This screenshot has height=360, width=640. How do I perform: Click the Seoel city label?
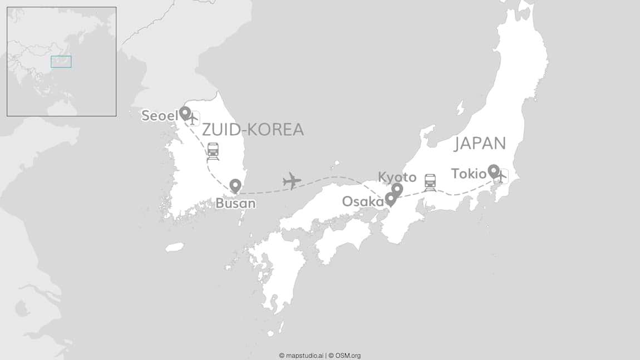pyautogui.click(x=159, y=116)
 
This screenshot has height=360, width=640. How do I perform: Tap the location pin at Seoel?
pyautogui.click(x=185, y=114)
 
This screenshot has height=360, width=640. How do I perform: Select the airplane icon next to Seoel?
pyautogui.click(x=193, y=119)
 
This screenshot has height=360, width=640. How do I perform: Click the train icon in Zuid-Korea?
pyautogui.click(x=213, y=150)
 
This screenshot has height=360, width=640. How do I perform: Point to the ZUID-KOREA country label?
pyautogui.click(x=253, y=130)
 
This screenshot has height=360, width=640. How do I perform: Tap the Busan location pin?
pyautogui.click(x=235, y=186)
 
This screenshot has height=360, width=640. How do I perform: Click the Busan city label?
pyautogui.click(x=235, y=204)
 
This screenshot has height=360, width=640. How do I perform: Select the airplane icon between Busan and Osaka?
pyautogui.click(x=292, y=181)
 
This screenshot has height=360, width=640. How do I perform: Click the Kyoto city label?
pyautogui.click(x=397, y=177)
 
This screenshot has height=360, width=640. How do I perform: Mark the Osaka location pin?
pyautogui.click(x=391, y=199)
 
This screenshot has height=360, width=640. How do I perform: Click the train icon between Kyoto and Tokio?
pyautogui.click(x=430, y=182)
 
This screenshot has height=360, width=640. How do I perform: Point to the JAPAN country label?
pyautogui.click(x=480, y=144)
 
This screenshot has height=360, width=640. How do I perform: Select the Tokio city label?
pyautogui.click(x=469, y=174)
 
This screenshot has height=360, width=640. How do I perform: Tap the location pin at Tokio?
pyautogui.click(x=493, y=170)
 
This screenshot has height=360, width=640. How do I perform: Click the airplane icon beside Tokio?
pyautogui.click(x=501, y=176)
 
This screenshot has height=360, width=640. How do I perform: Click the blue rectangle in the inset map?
pyautogui.click(x=61, y=62)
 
